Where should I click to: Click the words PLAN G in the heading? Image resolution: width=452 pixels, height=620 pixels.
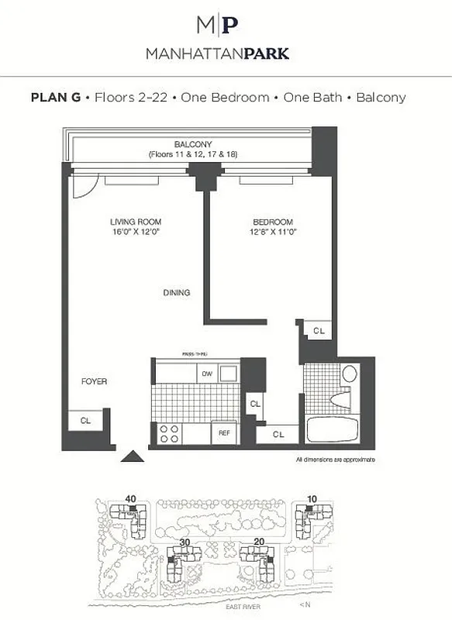[x=56, y=98]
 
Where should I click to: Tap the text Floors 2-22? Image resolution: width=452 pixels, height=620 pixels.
[x=126, y=98]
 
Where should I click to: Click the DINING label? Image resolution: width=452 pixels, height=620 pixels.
[x=176, y=292]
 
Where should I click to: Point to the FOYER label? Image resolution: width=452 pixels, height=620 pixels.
[x=94, y=382]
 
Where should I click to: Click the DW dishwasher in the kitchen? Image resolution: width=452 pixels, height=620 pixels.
[x=207, y=374]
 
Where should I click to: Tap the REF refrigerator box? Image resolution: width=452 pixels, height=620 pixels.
[x=224, y=433]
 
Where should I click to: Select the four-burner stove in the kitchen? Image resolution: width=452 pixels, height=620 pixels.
[x=171, y=433]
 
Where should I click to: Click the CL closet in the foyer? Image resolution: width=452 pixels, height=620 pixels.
[x=85, y=420]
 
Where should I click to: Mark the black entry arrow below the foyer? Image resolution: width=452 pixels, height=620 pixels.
[x=133, y=456]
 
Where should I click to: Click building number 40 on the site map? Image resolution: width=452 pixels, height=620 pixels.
[x=130, y=498]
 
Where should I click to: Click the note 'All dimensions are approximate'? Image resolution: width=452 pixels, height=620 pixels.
[x=336, y=460]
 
